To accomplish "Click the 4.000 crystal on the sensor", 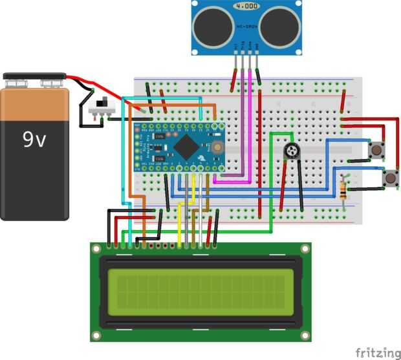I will pyautogui.click(x=246, y=8).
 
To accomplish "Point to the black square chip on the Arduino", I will pyautogui.click(x=184, y=148).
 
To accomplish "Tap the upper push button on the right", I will pyautogui.click(x=374, y=150).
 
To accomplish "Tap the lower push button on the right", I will pyautogui.click(x=390, y=178).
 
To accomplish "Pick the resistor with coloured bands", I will pyautogui.click(x=343, y=190).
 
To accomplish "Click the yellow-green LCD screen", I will pyautogui.click(x=200, y=288).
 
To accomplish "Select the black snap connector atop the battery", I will pyautogui.click(x=35, y=80).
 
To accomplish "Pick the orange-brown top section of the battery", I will pyautogui.click(x=34, y=104).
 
